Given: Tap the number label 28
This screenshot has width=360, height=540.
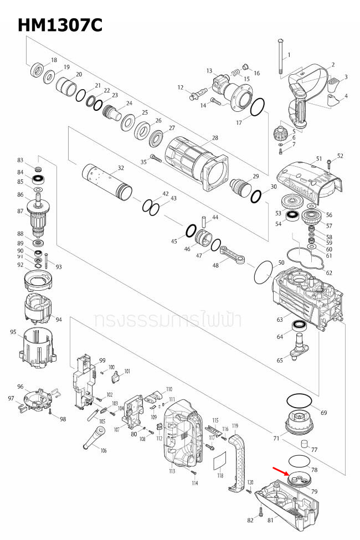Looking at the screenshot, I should [215, 137].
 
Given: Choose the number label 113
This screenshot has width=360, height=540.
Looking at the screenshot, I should [172, 471].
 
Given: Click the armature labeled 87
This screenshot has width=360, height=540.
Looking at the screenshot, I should [40, 214].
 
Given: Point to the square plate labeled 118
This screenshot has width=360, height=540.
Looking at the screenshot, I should [220, 461].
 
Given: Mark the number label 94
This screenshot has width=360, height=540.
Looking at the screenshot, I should [59, 320].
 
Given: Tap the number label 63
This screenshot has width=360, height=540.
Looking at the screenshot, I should [280, 320].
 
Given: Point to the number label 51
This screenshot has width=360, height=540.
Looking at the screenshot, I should [318, 158].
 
